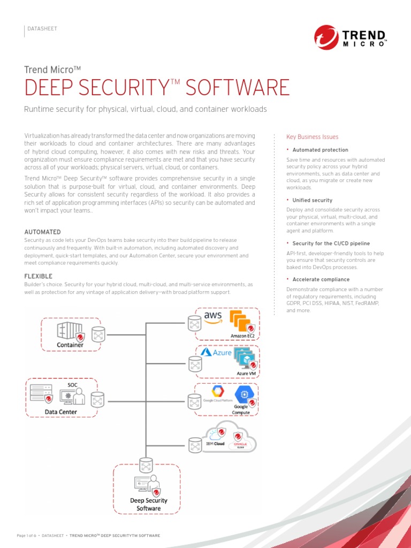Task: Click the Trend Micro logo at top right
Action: (351, 39)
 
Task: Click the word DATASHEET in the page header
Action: (42, 28)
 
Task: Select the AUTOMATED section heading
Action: (43, 232)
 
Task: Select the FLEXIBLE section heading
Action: (39, 276)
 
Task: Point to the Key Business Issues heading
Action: (313, 137)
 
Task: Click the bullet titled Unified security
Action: (313, 200)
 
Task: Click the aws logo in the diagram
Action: (213, 316)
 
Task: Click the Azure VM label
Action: (247, 373)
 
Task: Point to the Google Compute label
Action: (241, 409)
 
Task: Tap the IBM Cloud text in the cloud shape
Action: (215, 444)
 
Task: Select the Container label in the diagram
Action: (70, 345)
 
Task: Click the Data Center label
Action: (60, 412)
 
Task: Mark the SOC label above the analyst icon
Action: (72, 385)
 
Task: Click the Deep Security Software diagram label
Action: (149, 504)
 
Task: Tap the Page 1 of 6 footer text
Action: (26, 535)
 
